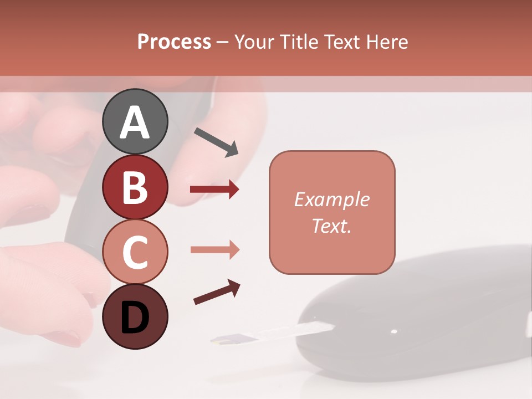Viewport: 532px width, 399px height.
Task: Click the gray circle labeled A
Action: [x=135, y=121]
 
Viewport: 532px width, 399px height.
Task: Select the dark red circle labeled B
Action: [x=135, y=187]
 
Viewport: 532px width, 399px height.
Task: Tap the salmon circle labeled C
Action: [x=135, y=252]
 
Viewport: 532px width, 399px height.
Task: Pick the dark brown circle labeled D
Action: [x=135, y=316]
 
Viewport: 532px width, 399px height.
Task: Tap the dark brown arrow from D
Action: [x=217, y=292]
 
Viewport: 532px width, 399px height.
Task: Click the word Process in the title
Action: [x=174, y=42]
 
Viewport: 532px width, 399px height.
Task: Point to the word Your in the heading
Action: [x=254, y=42]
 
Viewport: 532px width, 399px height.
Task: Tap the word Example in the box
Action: [x=331, y=199]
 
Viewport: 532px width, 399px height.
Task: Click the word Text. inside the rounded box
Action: [x=331, y=226]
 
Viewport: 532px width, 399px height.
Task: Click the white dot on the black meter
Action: [x=393, y=332]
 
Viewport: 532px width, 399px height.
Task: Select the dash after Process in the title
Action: [x=223, y=42]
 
